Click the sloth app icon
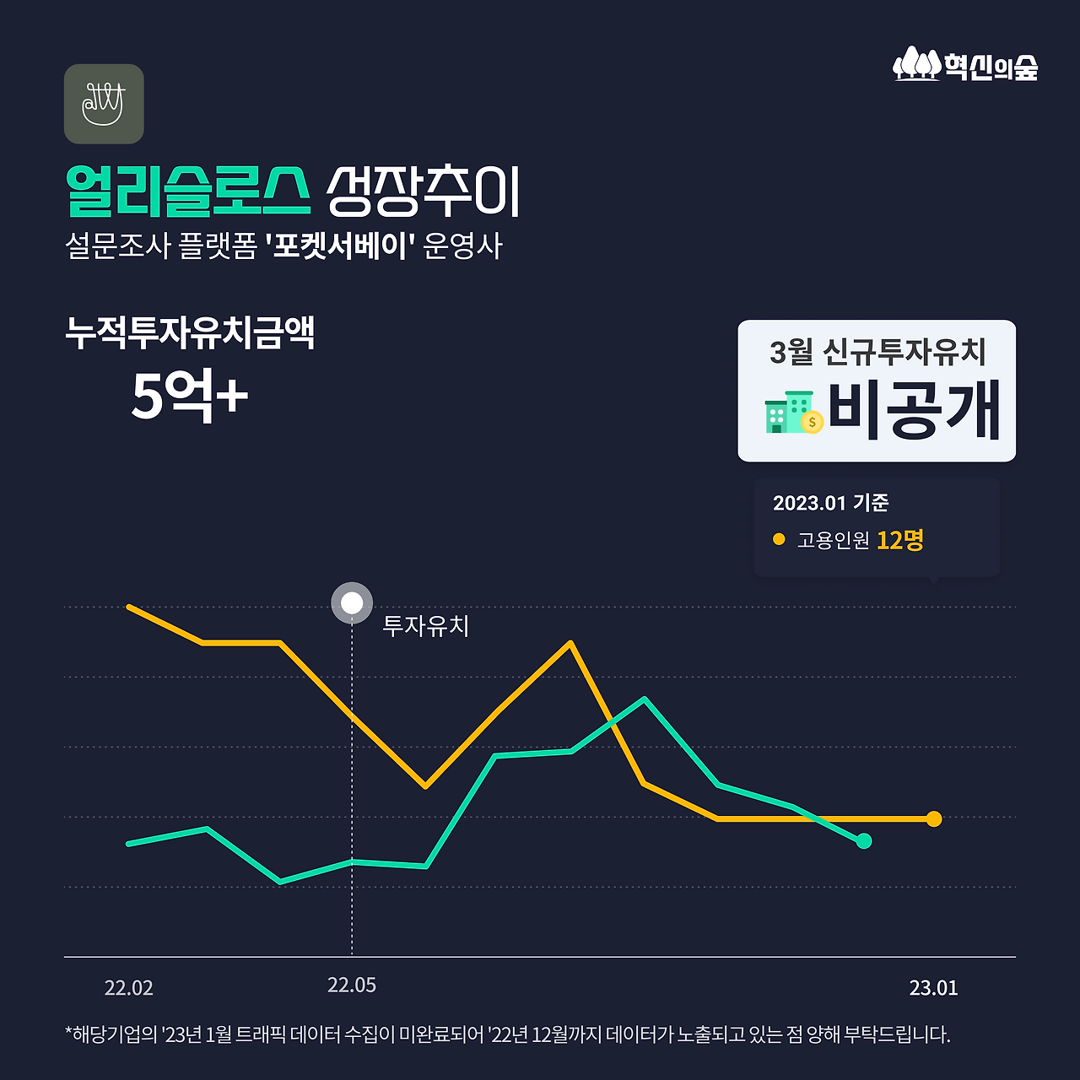tap(104, 104)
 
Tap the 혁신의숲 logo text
tap(991, 66)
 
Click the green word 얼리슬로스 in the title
tap(187, 192)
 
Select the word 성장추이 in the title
tap(424, 192)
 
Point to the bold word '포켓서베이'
tap(339, 246)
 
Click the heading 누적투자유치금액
tap(190, 332)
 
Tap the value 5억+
tap(190, 396)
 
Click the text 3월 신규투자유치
tap(877, 352)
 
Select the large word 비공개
tap(914, 411)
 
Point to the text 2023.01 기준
tap(830, 503)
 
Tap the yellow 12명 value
tap(900, 540)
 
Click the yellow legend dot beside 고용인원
tap(779, 539)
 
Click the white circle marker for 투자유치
tap(352, 603)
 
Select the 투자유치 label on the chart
tap(426, 626)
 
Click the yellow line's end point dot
tap(933, 818)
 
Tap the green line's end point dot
tap(863, 841)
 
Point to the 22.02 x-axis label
tap(129, 988)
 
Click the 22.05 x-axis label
tap(352, 985)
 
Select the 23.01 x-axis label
tap(933, 988)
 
